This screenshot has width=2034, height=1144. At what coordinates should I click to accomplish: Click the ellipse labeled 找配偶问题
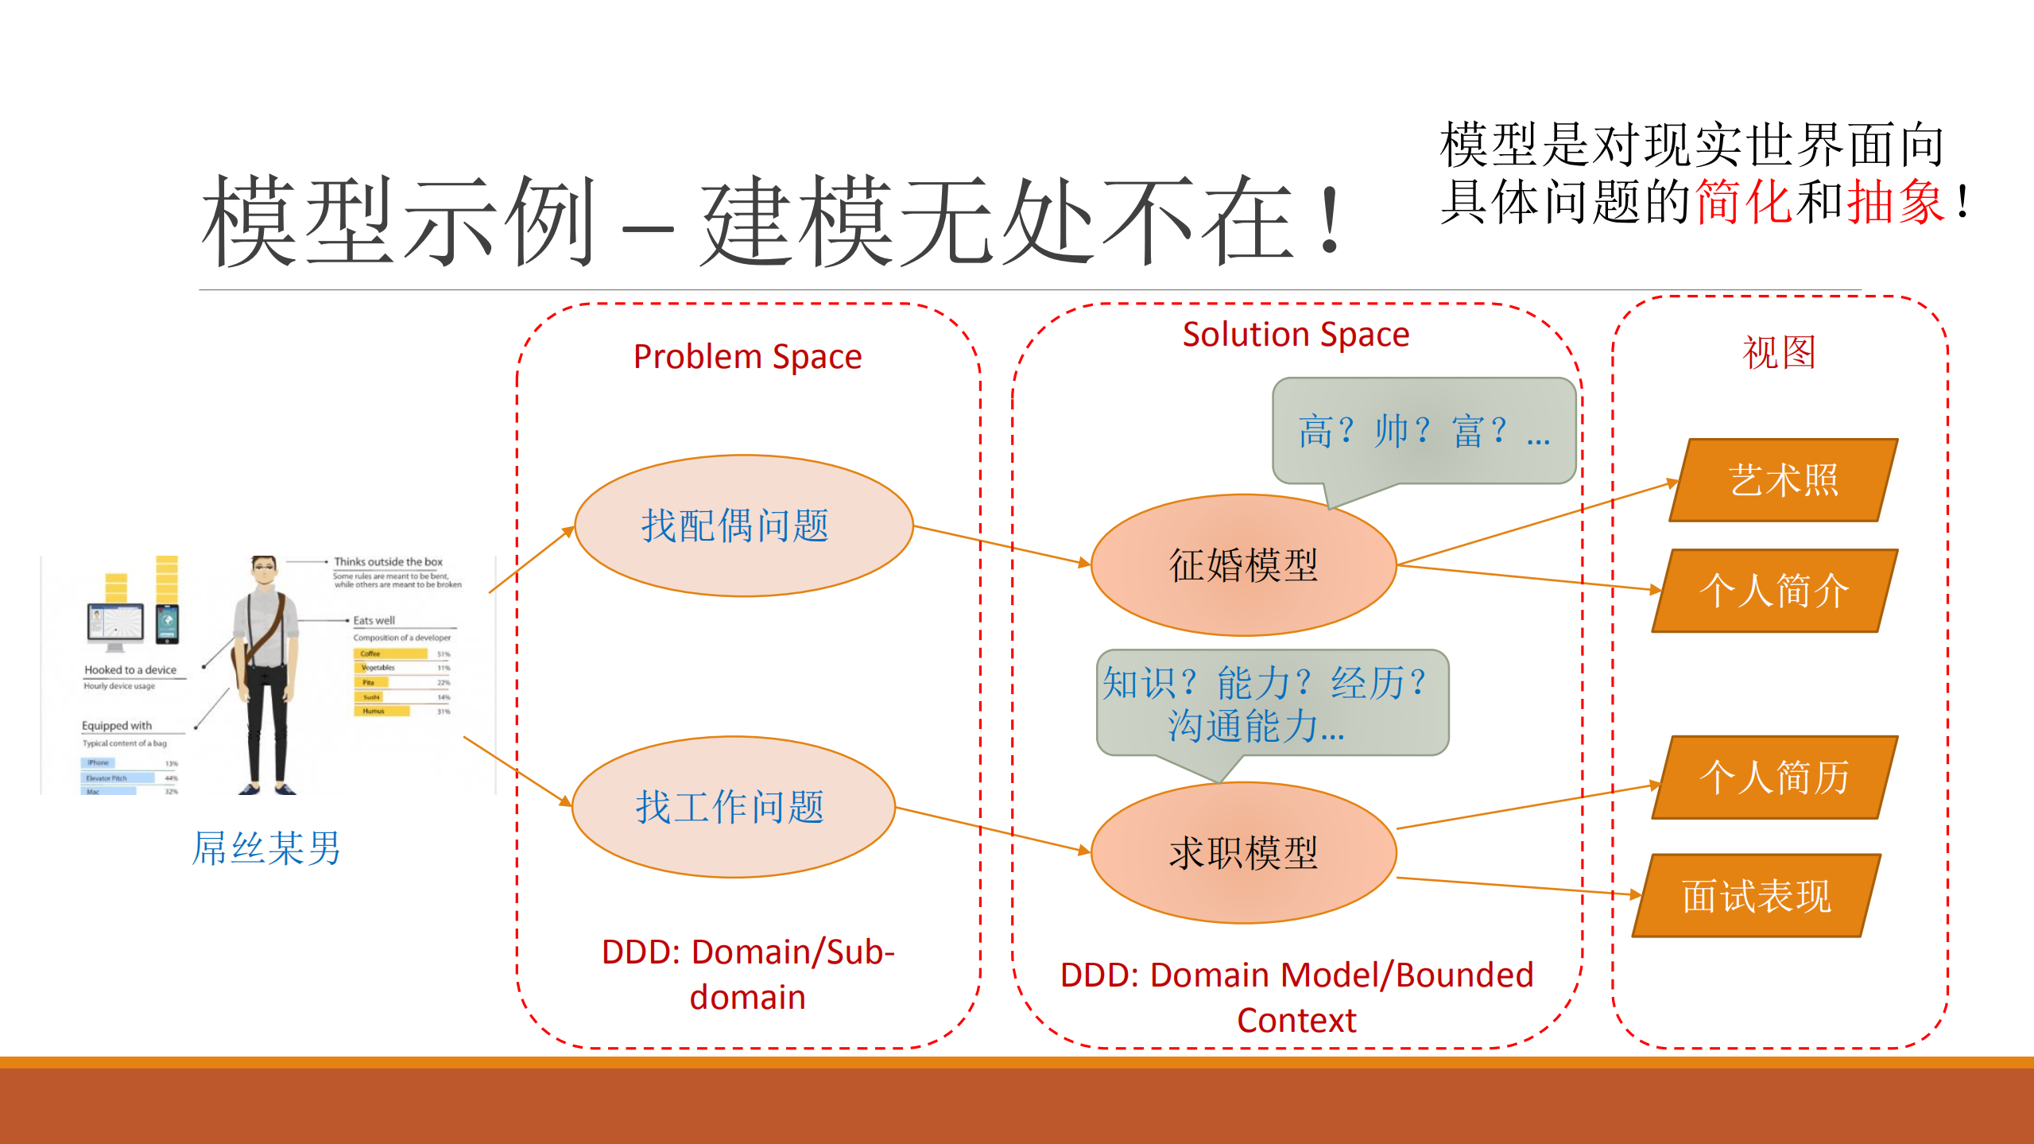(x=743, y=525)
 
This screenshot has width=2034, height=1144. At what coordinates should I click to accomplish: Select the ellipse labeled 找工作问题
(x=733, y=807)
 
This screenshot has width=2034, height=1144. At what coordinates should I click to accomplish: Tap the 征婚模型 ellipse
(x=1243, y=565)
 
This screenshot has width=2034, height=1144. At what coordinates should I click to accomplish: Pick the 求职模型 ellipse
(x=1243, y=853)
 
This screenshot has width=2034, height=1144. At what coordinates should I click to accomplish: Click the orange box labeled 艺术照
(x=1784, y=480)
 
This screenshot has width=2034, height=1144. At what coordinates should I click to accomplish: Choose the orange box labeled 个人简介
(x=1774, y=591)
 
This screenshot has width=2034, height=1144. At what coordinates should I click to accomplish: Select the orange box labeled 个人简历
(x=1774, y=778)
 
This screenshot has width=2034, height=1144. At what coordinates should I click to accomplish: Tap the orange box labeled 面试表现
(x=1757, y=896)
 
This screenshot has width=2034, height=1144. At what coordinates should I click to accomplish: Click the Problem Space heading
(x=747, y=357)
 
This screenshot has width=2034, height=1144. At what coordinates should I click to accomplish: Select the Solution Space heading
(x=1296, y=335)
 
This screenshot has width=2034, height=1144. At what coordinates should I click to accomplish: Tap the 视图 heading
(x=1779, y=352)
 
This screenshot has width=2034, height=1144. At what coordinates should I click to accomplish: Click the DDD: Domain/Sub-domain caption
(x=747, y=974)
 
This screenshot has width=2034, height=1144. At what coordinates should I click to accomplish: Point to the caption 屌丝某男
(x=266, y=848)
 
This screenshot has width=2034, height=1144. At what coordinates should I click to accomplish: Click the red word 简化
(x=1745, y=202)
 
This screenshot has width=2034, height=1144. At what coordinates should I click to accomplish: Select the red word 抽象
(x=1896, y=202)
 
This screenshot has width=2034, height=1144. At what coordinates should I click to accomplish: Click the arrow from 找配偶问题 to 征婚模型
(x=1002, y=545)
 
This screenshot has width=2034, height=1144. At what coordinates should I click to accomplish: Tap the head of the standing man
(x=264, y=570)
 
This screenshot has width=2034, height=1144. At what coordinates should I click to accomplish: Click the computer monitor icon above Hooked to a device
(x=116, y=622)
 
